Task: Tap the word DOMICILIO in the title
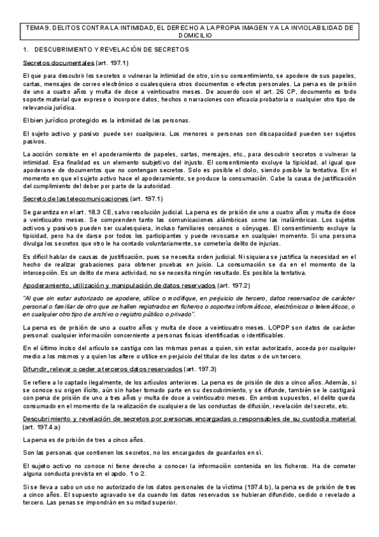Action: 189,36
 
